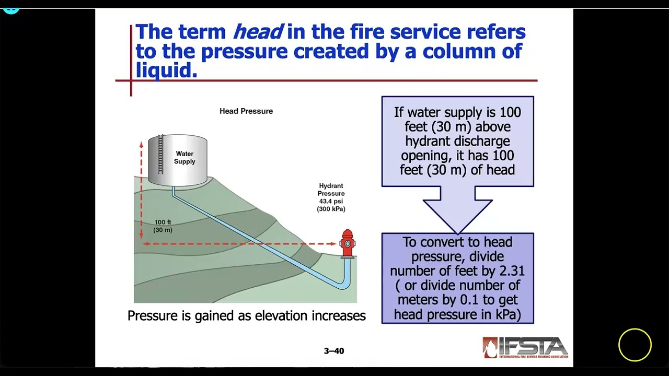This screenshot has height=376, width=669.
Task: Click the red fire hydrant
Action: click(x=348, y=243)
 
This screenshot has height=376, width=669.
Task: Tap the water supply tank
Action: click(x=178, y=159)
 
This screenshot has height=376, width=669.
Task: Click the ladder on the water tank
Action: click(x=160, y=154)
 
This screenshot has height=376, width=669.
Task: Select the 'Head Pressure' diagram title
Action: click(x=246, y=111)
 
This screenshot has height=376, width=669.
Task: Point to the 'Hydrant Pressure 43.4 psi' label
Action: click(x=331, y=197)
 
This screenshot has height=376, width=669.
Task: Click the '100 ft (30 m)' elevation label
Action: click(x=163, y=226)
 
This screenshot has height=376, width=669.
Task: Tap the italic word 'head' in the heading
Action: click(x=258, y=32)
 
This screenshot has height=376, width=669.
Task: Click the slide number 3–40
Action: click(x=334, y=351)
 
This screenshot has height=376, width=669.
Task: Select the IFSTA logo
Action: click(x=525, y=347)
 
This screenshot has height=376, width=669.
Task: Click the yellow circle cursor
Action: click(x=635, y=345)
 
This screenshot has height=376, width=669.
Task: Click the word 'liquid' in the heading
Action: click(x=165, y=70)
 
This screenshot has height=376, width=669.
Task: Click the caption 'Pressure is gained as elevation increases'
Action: click(x=247, y=316)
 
